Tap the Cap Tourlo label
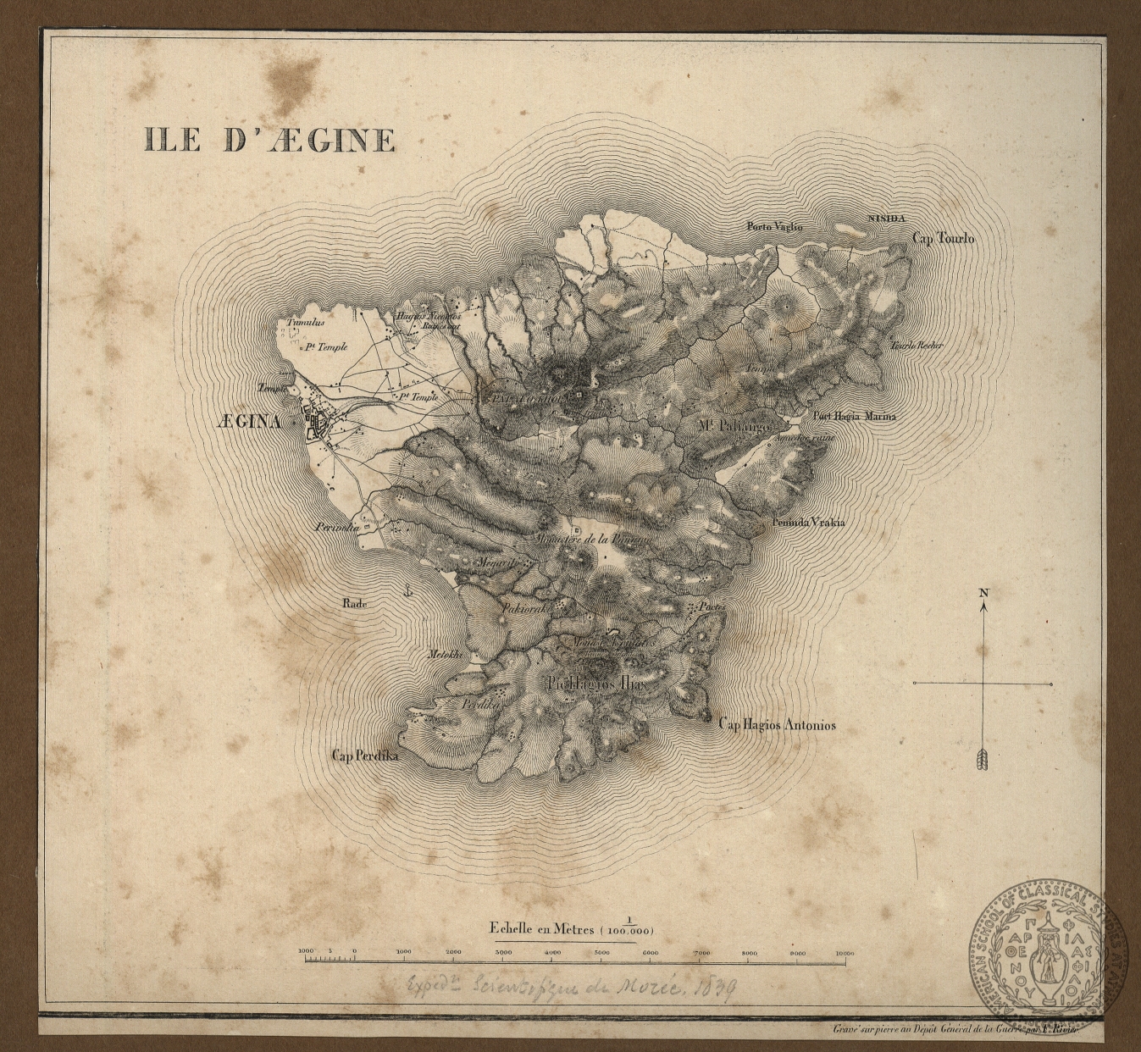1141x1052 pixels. (x=943, y=239)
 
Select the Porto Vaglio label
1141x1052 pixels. (x=773, y=226)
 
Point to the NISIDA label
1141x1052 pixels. (x=886, y=219)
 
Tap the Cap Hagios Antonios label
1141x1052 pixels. (x=776, y=725)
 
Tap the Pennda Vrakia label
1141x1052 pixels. (x=807, y=523)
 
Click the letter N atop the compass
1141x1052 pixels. (x=983, y=593)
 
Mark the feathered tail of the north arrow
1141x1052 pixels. (x=983, y=760)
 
